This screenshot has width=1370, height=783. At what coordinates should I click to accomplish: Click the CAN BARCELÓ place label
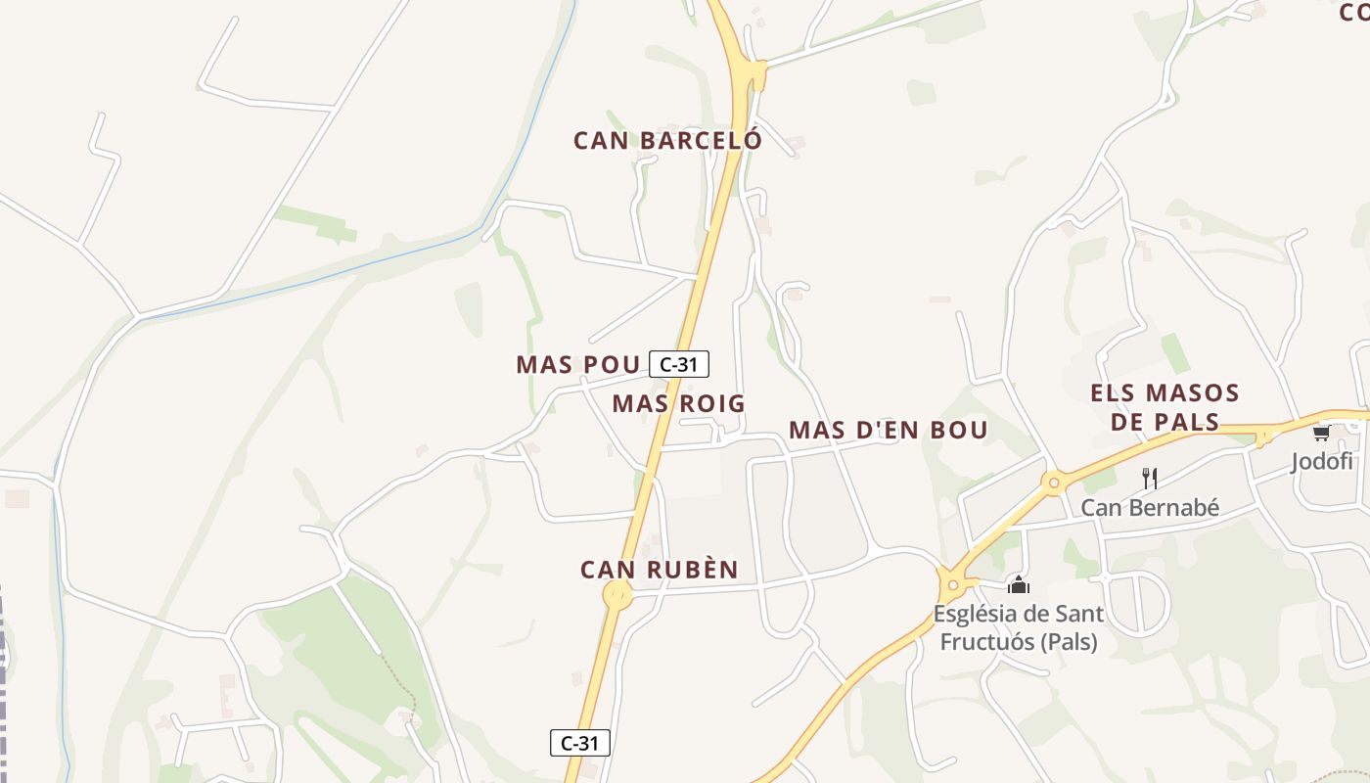point(667,141)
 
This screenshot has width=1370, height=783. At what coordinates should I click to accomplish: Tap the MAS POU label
point(577,365)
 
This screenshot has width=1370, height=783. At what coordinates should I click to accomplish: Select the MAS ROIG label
point(678,403)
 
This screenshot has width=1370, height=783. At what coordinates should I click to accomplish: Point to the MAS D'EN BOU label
point(888,431)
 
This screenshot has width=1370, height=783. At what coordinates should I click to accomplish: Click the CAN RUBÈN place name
point(659,570)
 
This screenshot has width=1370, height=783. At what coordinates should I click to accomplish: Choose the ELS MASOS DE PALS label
point(1164,407)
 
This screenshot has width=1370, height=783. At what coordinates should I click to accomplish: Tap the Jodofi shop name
point(1321,462)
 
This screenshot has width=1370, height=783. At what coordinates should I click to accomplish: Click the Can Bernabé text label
point(1150,508)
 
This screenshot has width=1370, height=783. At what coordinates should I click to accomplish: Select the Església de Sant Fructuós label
point(1018,627)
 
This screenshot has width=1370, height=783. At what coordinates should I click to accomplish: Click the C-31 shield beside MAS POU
point(679,365)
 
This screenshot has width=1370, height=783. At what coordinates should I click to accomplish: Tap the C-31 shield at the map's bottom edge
point(580,743)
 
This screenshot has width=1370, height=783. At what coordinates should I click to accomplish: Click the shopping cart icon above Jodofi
point(1321,433)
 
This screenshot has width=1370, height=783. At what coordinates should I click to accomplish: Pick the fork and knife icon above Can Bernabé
point(1150,479)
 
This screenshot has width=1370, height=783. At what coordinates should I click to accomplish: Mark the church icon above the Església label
point(1019,585)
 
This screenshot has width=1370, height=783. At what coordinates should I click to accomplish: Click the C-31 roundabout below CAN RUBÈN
point(617,594)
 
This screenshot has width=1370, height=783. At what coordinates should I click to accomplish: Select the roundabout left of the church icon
point(953,585)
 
